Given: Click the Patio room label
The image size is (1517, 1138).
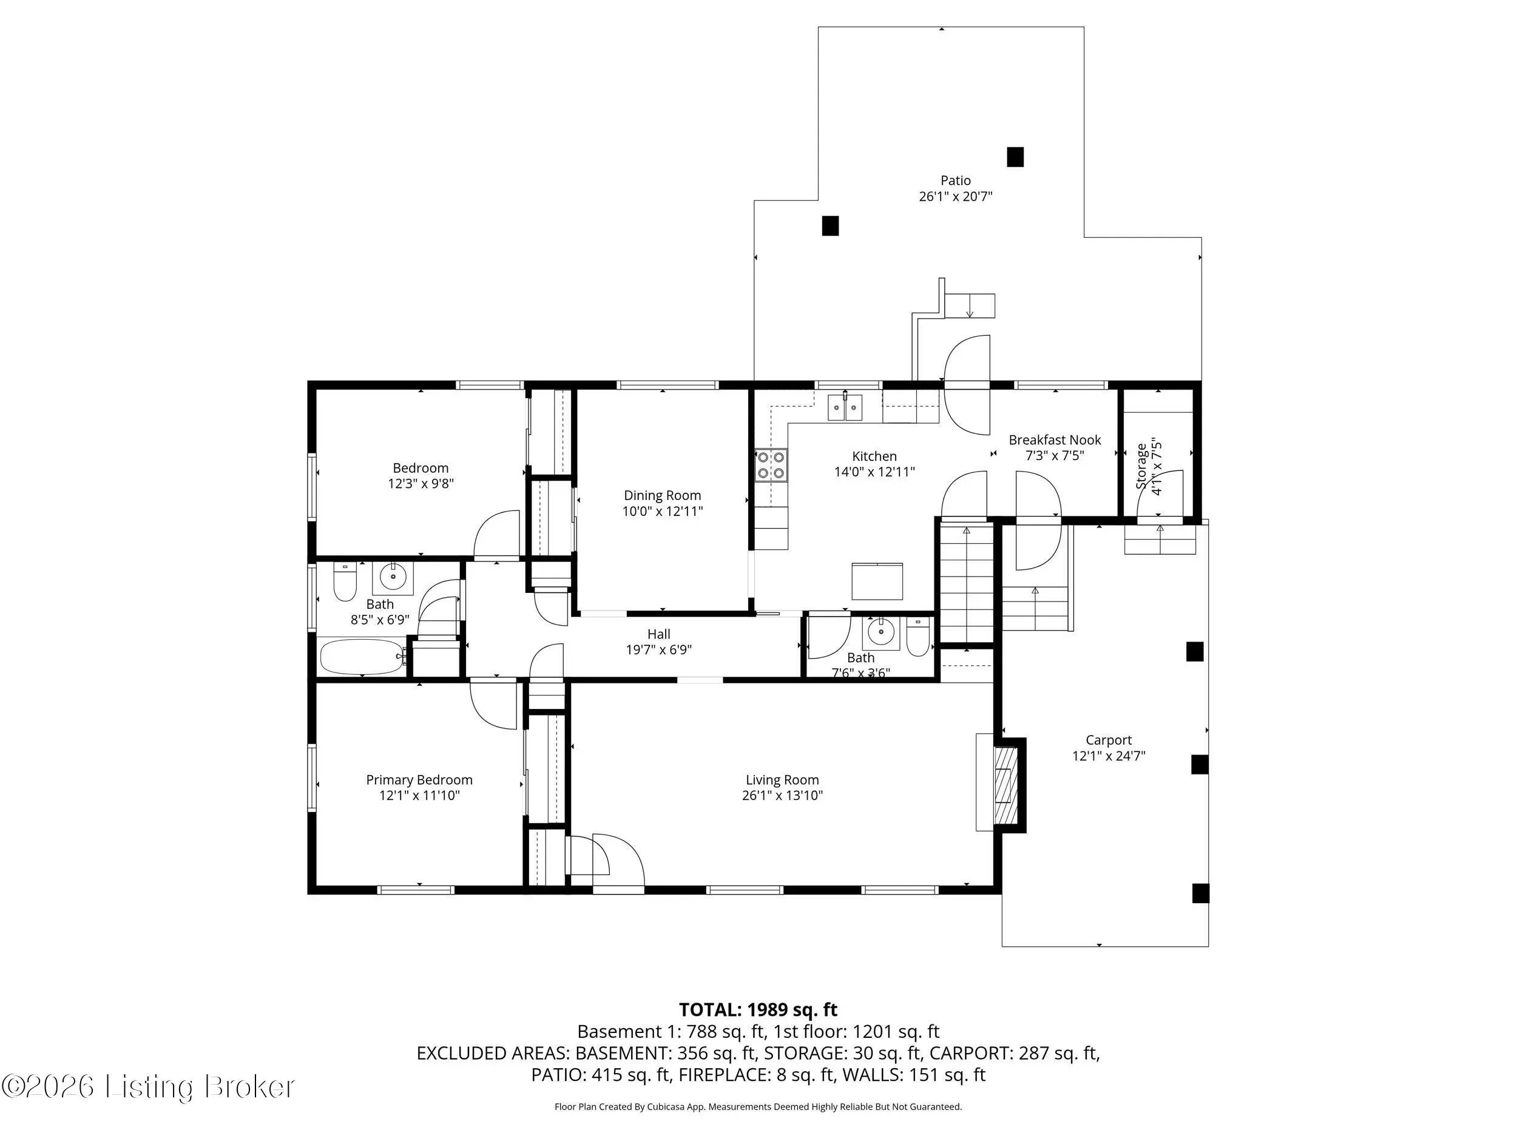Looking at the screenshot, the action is [x=955, y=180].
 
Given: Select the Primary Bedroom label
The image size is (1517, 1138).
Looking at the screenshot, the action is [x=419, y=780].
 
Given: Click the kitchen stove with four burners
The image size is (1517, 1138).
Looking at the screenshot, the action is [x=771, y=464].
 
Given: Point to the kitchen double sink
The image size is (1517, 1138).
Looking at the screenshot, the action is [x=844, y=407].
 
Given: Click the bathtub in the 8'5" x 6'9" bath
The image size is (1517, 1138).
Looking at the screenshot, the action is [x=362, y=657].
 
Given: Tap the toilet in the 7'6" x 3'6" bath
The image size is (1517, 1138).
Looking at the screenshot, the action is [x=917, y=637].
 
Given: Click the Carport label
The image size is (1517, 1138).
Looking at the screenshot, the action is [x=1108, y=740].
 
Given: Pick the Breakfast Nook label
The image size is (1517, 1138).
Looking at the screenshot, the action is [x=1055, y=439].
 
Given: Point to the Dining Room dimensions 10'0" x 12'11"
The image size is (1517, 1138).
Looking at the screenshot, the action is [x=663, y=511].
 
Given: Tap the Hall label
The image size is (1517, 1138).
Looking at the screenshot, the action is [x=658, y=634].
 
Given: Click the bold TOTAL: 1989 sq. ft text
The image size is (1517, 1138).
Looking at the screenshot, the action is [x=758, y=1010].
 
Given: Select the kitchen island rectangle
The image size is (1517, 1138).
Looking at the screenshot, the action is [x=877, y=581].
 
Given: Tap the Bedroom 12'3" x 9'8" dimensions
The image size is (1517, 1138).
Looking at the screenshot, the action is [x=421, y=484].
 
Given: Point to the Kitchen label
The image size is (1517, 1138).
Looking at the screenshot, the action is [x=874, y=456].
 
